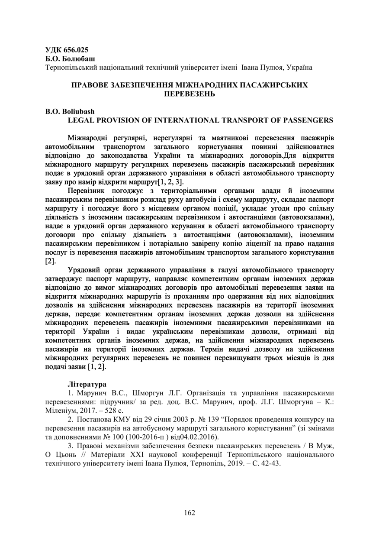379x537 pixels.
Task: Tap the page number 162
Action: click(189, 513)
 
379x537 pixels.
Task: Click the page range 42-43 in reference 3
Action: click(272, 463)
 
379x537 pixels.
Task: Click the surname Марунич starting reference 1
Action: click(91, 393)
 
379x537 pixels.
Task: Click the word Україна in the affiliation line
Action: click(299, 67)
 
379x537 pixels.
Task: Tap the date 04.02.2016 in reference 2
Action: click(201, 437)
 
